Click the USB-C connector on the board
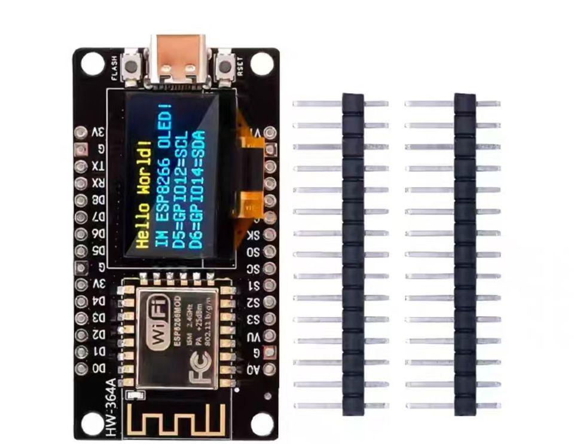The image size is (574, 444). click(x=176, y=60)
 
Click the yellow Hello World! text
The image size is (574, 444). click(x=142, y=194)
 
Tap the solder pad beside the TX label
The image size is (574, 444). click(x=81, y=166)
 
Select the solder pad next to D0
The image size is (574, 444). click(x=81, y=369)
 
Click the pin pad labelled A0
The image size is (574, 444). click(x=270, y=369)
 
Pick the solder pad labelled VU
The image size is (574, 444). click(x=270, y=336)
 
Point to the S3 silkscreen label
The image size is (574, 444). click(x=254, y=319)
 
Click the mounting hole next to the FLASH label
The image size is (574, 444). click(x=93, y=63)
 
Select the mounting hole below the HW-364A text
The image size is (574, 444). click(x=92, y=424)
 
